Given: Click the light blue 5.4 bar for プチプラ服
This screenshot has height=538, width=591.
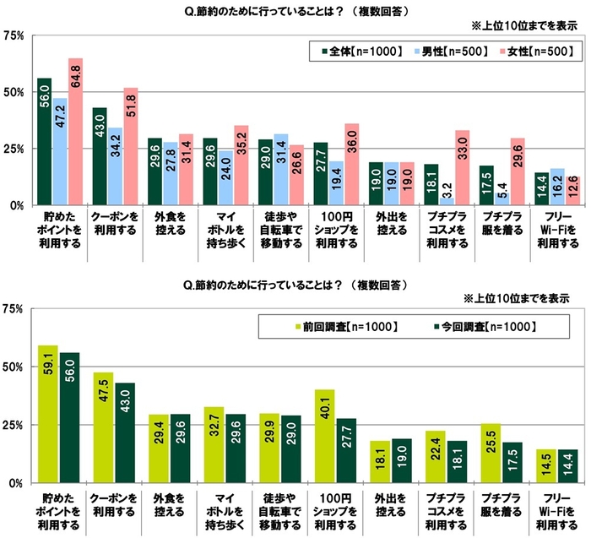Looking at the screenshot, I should (x=502, y=198).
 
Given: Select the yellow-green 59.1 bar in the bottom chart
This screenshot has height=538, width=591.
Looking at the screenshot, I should (x=47, y=414).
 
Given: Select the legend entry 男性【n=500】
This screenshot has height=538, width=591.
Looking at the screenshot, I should (x=453, y=52).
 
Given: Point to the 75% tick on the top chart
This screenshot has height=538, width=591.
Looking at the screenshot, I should (x=14, y=35).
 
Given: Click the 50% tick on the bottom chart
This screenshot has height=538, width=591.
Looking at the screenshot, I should (x=14, y=367).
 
